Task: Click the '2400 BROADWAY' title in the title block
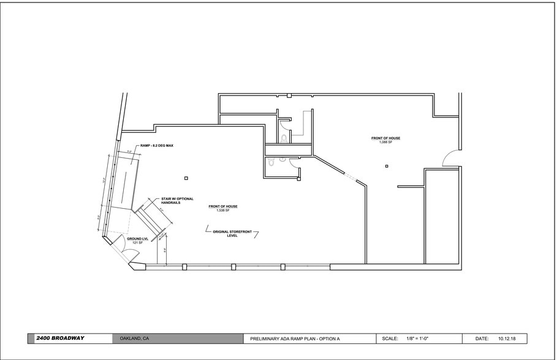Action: click(x=60, y=338)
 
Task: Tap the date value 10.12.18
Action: click(x=507, y=339)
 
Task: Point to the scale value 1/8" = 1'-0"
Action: click(x=416, y=339)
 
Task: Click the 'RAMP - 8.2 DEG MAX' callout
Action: click(x=157, y=145)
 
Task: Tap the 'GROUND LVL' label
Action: click(x=137, y=239)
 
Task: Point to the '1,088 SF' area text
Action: click(x=385, y=142)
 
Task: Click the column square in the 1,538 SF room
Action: click(x=186, y=178)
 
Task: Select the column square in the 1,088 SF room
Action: click(x=387, y=166)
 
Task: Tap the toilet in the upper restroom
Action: click(x=283, y=138)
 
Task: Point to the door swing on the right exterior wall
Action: click(x=450, y=159)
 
